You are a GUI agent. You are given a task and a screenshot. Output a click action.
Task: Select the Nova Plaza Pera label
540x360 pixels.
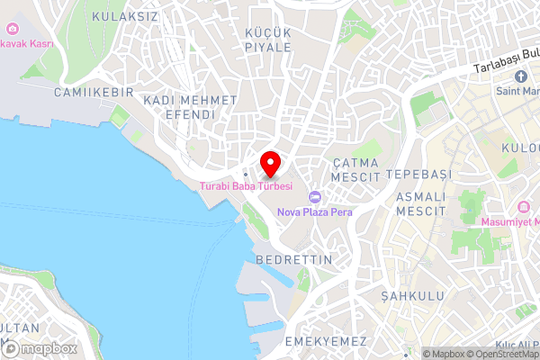click(314, 212)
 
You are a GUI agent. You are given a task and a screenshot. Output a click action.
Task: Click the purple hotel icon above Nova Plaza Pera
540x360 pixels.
click(314, 197)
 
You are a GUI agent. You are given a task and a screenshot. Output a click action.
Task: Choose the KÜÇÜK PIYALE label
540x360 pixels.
click(268, 40)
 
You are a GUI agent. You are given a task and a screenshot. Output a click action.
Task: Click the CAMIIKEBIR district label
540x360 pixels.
click(94, 93)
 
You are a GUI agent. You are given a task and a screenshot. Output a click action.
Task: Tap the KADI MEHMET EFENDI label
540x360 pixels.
click(190, 107)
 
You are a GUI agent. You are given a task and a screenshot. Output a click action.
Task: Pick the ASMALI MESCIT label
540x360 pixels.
click(421, 203)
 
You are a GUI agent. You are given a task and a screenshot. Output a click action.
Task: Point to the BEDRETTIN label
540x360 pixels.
click(294, 259)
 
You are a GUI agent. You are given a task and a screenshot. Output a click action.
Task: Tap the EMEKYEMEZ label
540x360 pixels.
click(325, 342)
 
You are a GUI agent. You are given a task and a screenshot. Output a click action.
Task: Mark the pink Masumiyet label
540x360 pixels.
click(509, 221)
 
